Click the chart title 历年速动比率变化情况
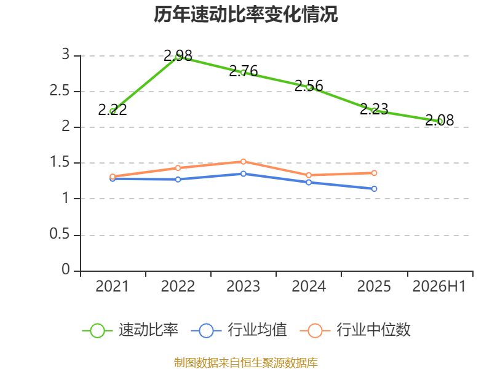pos(245,14)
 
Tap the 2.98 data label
pos(178,56)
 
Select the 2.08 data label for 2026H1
pos(439,120)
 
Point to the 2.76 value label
pos(243,71)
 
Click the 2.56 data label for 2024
pos(309,85)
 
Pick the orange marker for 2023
pos(243,162)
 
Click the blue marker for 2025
pos(374,189)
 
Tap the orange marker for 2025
pos(374,173)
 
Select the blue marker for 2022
pos(178,180)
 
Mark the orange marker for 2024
pos(309,175)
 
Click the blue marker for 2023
pos(243,173)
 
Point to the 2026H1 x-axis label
pos(439,286)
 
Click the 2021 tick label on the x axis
pos(113,286)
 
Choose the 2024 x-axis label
pos(309,286)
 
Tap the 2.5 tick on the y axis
pos(60,90)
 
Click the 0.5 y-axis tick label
pos(60,234)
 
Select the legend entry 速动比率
pos(130,330)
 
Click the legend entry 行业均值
pos(239,330)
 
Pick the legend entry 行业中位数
pos(355,330)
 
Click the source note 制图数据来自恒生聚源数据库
pos(246,362)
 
